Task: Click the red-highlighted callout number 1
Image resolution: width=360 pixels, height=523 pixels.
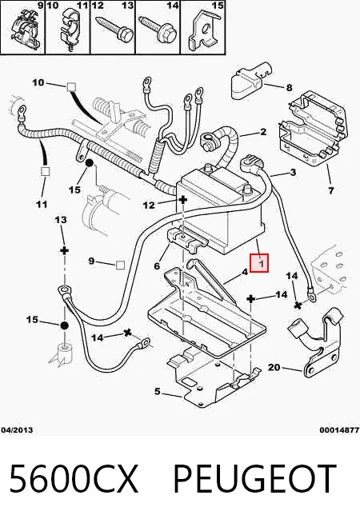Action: click(x=262, y=263)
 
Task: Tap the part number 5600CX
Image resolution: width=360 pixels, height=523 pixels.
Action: click(x=74, y=479)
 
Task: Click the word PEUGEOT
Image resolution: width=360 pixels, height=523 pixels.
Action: click(x=254, y=479)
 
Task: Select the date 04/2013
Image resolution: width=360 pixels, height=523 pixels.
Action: click(x=17, y=430)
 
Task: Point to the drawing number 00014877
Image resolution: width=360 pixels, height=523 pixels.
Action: click(x=339, y=430)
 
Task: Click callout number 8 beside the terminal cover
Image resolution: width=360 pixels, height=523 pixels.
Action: click(x=289, y=87)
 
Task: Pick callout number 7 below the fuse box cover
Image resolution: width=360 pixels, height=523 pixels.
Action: click(x=330, y=190)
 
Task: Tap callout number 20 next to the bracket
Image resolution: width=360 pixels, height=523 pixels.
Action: click(x=274, y=367)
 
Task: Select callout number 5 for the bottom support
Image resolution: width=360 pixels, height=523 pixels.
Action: click(x=158, y=391)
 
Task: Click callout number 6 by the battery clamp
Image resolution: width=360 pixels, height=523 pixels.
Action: click(x=157, y=265)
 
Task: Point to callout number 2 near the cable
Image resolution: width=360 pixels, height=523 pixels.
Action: click(x=263, y=132)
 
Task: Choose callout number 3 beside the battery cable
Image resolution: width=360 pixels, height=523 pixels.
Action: click(x=293, y=172)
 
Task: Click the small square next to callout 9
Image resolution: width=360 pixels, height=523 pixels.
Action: click(x=120, y=265)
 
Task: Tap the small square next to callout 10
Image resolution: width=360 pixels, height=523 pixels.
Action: click(x=71, y=87)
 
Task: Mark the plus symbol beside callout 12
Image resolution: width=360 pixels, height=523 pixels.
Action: click(x=183, y=200)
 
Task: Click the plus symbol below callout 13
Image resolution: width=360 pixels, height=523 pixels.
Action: click(x=64, y=250)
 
